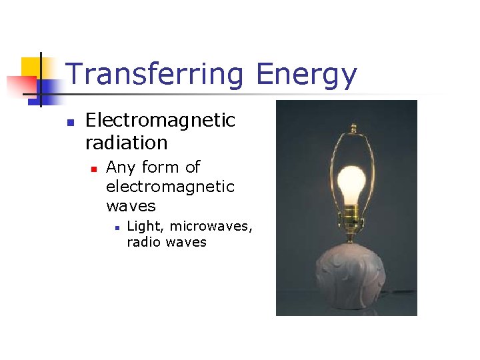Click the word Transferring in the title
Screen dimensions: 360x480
click(157, 75)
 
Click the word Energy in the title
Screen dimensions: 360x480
click(307, 75)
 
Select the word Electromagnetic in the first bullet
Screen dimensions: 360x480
click(161, 121)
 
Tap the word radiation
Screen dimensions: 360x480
click(126, 143)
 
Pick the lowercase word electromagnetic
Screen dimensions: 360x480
click(170, 187)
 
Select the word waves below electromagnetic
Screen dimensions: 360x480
click(131, 206)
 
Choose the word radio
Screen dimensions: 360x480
click(144, 242)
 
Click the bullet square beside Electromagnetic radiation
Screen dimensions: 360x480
click(69, 123)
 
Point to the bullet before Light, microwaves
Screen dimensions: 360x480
click(117, 228)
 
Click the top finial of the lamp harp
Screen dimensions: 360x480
click(351, 127)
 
